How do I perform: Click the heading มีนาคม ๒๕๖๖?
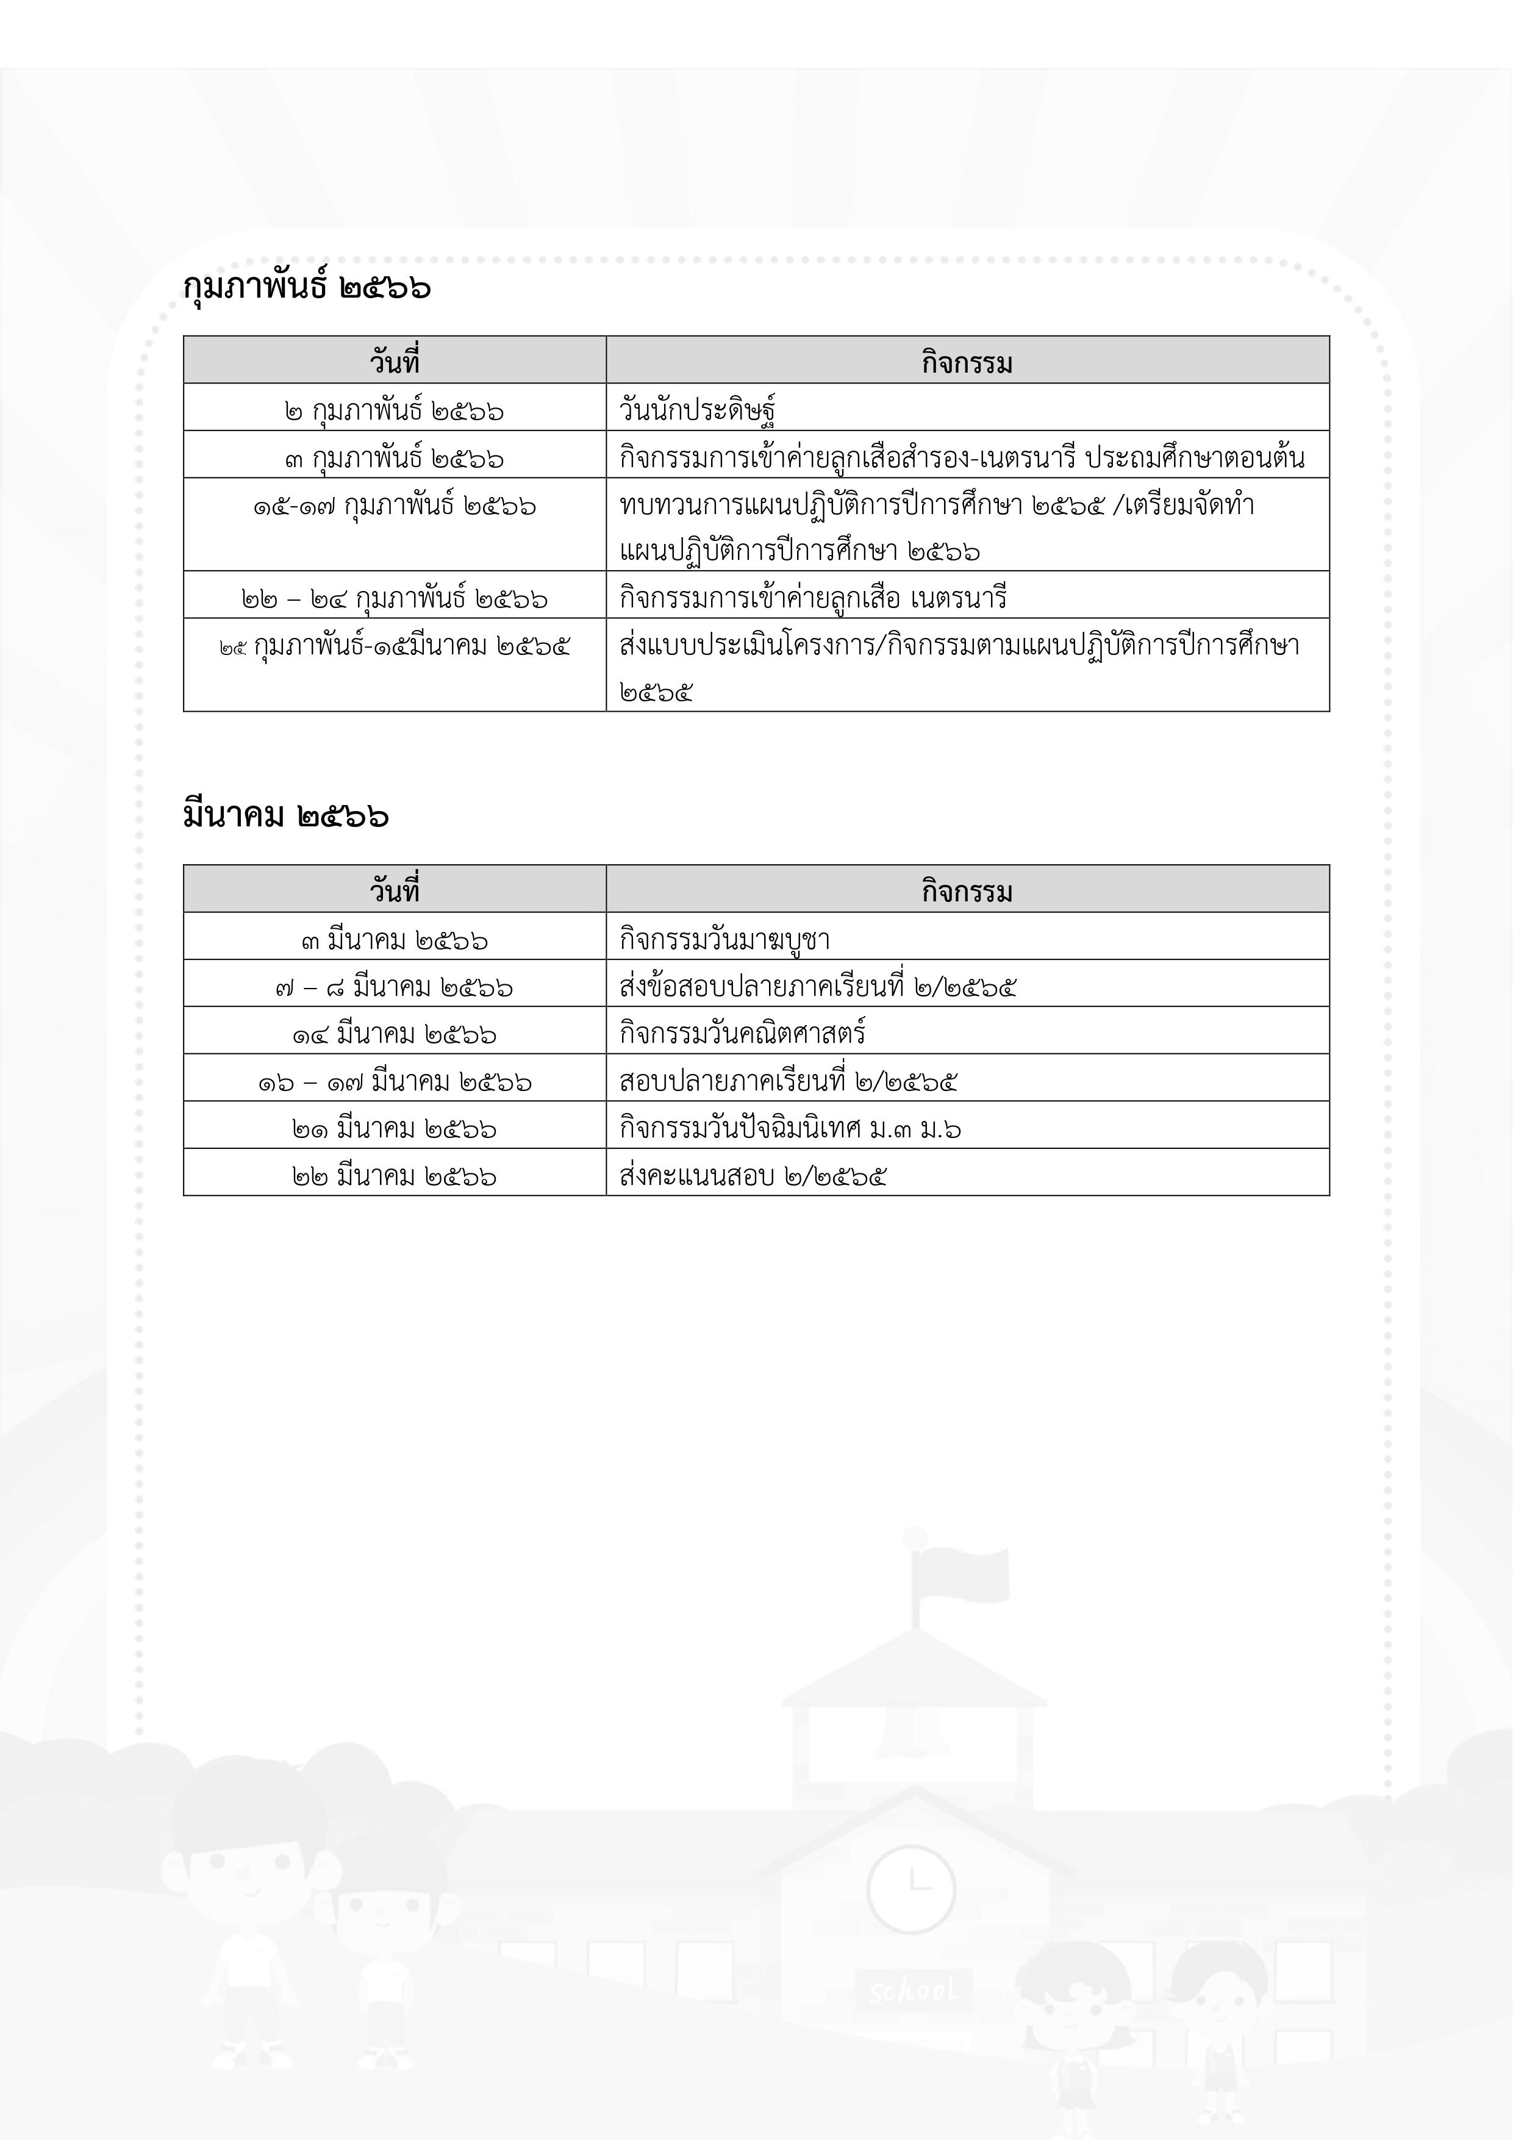pos(285,815)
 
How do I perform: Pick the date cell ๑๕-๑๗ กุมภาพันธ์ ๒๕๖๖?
pos(395,506)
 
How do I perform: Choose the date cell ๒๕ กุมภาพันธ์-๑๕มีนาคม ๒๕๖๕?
pos(395,645)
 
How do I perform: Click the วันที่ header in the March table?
pos(395,891)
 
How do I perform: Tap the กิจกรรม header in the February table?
pos(967,362)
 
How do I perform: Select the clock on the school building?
pos(910,1888)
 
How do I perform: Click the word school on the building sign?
pos(913,1991)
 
